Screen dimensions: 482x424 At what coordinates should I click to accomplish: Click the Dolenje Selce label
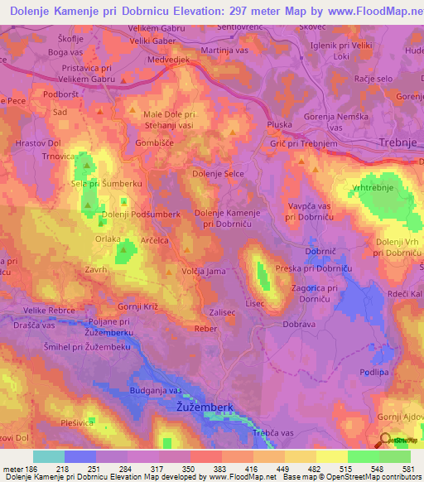click(x=218, y=173)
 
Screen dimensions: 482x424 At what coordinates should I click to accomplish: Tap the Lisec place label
click(x=255, y=304)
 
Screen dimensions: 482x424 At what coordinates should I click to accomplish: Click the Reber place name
click(x=205, y=328)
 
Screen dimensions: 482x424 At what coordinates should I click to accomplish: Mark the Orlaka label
click(x=108, y=239)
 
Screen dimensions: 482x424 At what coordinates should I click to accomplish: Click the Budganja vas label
click(x=155, y=390)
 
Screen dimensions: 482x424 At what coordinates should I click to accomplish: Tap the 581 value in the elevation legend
click(x=409, y=469)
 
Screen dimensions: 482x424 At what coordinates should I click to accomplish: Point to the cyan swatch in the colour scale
click(x=48, y=456)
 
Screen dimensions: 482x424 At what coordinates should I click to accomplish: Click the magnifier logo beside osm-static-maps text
click(x=384, y=441)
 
